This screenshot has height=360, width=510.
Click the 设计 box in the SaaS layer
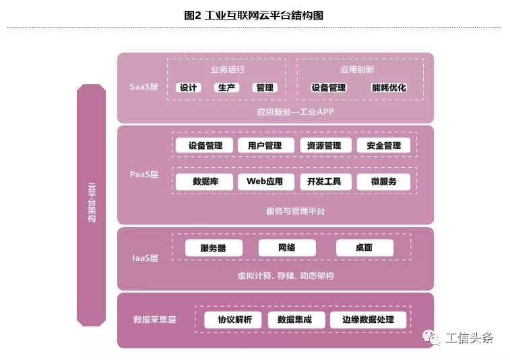coord(188,88)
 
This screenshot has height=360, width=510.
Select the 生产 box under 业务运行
coord(226,88)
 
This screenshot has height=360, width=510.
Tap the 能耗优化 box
coord(389,88)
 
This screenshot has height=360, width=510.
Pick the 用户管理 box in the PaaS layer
coord(265,146)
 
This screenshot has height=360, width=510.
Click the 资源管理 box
coord(323,146)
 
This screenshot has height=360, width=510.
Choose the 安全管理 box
coord(383,146)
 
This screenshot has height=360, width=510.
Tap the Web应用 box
coord(265,181)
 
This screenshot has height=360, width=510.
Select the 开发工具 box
coord(324,181)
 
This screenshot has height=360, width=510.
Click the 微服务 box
coord(383,181)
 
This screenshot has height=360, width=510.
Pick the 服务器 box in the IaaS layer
coord(213,248)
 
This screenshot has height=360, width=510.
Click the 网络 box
coord(286,248)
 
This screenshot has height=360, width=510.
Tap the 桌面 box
coord(364,248)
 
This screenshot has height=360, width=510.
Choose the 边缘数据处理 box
coord(368,320)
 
